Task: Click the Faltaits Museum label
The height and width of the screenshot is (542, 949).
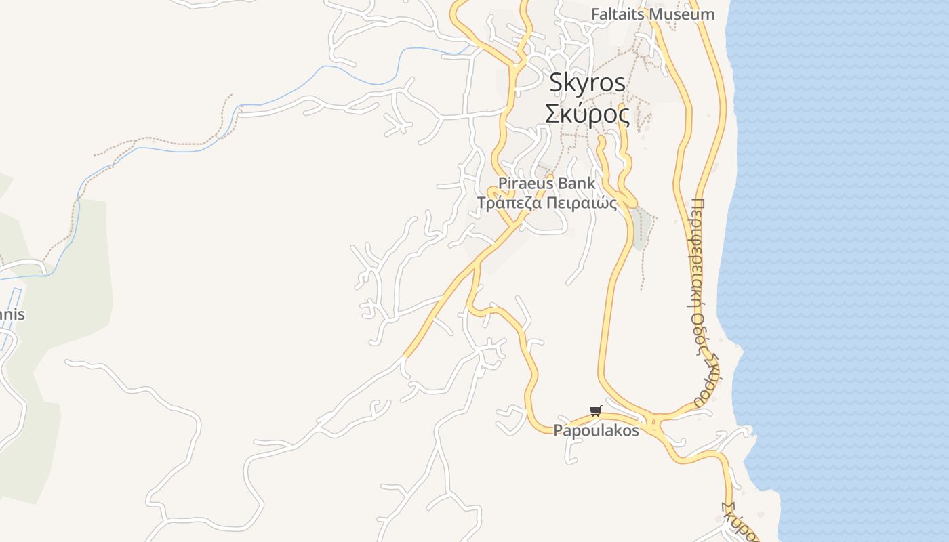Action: (653, 14)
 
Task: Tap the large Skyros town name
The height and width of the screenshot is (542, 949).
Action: (587, 83)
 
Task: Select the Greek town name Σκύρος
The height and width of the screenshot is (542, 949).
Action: (587, 114)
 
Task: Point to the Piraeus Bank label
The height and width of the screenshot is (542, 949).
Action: (547, 183)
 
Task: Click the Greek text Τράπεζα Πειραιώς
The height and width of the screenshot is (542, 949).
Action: (547, 203)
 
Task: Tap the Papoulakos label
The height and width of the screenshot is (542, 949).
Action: (597, 430)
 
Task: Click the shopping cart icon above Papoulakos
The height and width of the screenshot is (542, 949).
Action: (596, 411)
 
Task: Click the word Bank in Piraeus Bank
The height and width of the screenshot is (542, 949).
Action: (578, 183)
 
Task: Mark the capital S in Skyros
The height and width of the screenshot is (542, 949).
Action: (557, 83)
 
